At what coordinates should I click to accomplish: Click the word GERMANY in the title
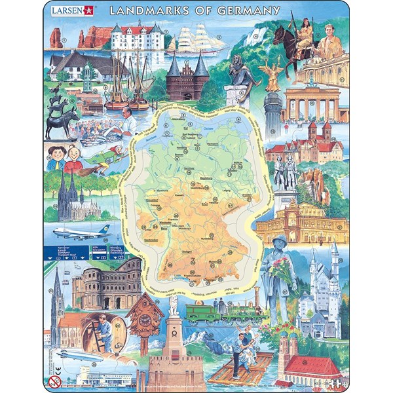click(243, 10)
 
